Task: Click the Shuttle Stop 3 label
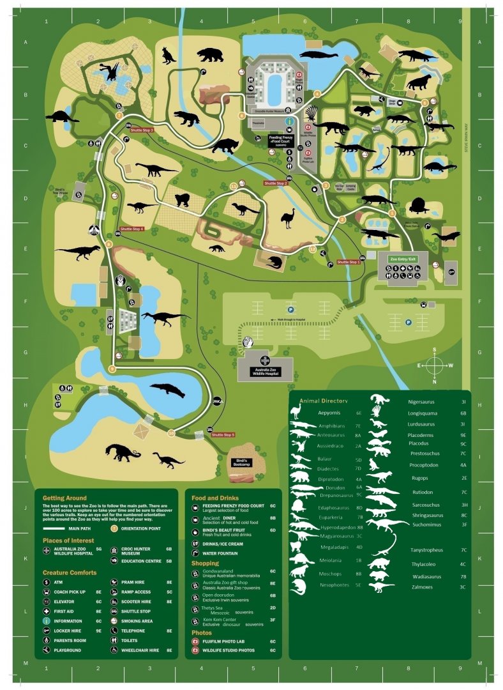click(142, 130)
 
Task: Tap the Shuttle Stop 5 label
click(223, 434)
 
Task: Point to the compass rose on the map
click(435, 366)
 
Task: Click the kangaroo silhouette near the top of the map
click(169, 56)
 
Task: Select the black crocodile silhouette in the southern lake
click(167, 389)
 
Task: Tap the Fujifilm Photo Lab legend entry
click(224, 641)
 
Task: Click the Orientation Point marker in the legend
click(114, 528)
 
